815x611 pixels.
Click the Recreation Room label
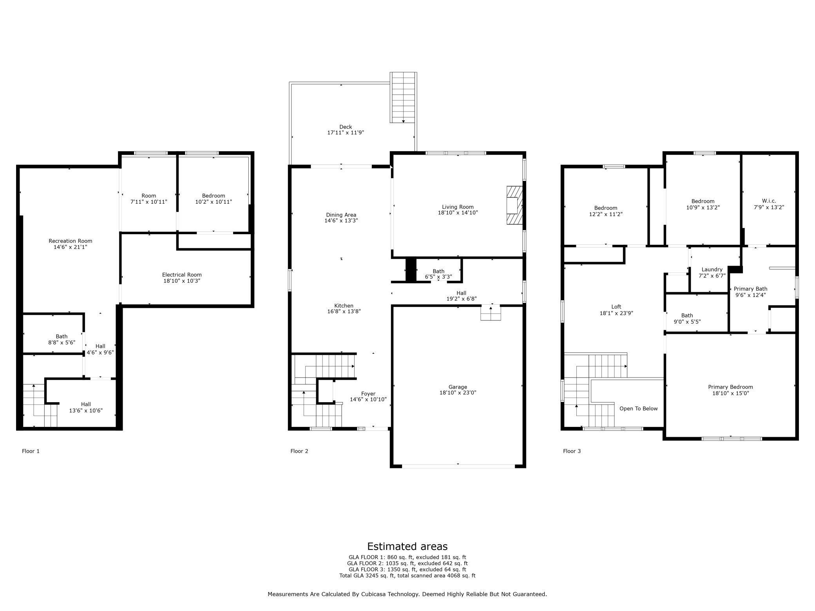[x=71, y=241]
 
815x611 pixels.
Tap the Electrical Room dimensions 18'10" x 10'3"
[x=182, y=281]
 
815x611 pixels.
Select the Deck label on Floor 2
[x=346, y=127]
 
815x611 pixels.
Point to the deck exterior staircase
[x=403, y=98]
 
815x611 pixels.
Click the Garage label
[x=458, y=387]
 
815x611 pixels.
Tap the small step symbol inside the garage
[x=491, y=313]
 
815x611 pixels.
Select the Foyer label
[x=368, y=394]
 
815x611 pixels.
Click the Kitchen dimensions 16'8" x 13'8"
[x=344, y=312]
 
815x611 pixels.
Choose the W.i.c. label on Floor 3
[x=769, y=201]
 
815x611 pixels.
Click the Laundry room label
[x=712, y=269]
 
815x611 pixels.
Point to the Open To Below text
[x=638, y=409]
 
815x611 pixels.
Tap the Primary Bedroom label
[x=730, y=387]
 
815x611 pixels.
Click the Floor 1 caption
[x=31, y=451]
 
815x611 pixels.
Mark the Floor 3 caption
[x=572, y=451]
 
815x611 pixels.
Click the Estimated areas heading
[x=407, y=546]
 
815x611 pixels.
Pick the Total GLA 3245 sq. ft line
[x=407, y=576]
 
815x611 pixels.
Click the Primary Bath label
[x=750, y=289]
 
